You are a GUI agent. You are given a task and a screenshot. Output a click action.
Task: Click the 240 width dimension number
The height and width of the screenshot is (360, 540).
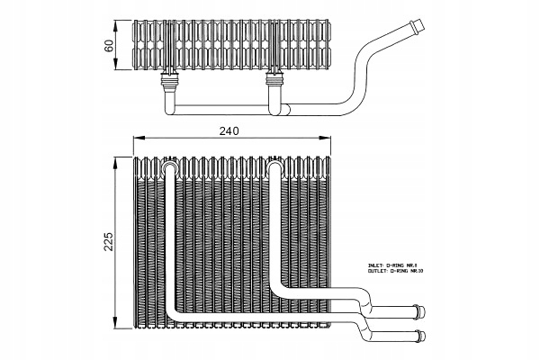point(229,130)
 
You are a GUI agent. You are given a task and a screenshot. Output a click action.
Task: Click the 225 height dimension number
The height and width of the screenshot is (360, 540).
point(109,242)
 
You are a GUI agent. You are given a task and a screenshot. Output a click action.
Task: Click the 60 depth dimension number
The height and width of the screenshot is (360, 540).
point(109,46)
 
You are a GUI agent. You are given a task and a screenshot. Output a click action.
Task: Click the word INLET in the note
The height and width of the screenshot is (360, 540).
point(376,266)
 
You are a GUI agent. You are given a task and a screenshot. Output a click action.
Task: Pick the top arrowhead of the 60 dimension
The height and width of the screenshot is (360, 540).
point(119,19)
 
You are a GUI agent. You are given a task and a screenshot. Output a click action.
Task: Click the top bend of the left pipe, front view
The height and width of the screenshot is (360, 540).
point(169,166)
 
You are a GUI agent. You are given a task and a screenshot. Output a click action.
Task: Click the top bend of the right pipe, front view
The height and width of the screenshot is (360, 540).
point(275,166)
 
